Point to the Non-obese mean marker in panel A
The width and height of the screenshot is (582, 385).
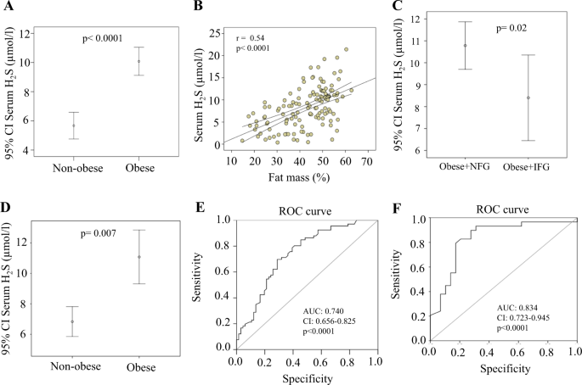click(x=74, y=126)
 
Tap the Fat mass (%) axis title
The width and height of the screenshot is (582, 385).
click(x=301, y=176)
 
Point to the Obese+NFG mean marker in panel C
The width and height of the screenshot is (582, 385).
click(x=465, y=45)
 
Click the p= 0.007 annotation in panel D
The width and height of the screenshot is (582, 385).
click(x=103, y=233)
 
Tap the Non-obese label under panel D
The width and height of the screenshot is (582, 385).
click(x=73, y=368)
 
